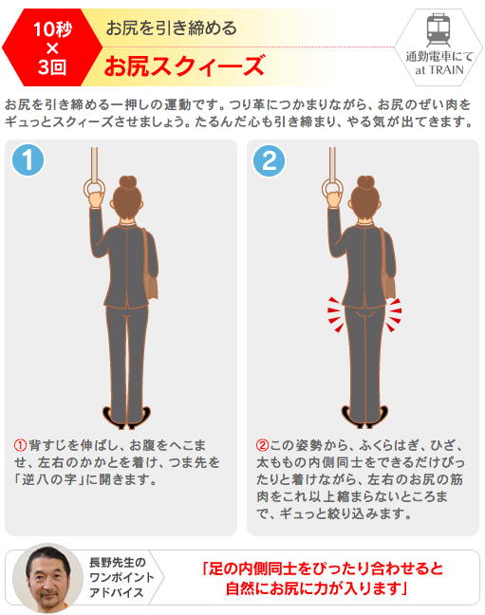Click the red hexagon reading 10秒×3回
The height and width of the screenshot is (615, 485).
51,47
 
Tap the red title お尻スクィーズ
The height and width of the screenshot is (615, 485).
184,65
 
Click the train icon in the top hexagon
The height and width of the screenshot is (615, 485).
438,29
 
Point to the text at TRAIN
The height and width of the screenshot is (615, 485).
439,70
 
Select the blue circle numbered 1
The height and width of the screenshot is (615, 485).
28,160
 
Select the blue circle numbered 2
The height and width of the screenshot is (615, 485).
269,160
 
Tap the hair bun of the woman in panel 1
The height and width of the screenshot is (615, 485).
127,182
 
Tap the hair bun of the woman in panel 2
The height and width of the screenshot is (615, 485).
365,182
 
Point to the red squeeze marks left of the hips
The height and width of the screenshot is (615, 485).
336,314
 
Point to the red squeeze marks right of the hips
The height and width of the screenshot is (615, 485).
394,314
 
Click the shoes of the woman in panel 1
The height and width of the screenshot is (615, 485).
126,418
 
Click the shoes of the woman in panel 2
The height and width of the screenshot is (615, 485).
364,418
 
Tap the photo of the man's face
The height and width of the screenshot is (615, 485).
48,578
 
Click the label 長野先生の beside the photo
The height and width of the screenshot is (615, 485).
118,562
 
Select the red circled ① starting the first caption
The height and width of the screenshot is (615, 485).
20,445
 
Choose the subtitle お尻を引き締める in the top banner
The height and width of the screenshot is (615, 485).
172,28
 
